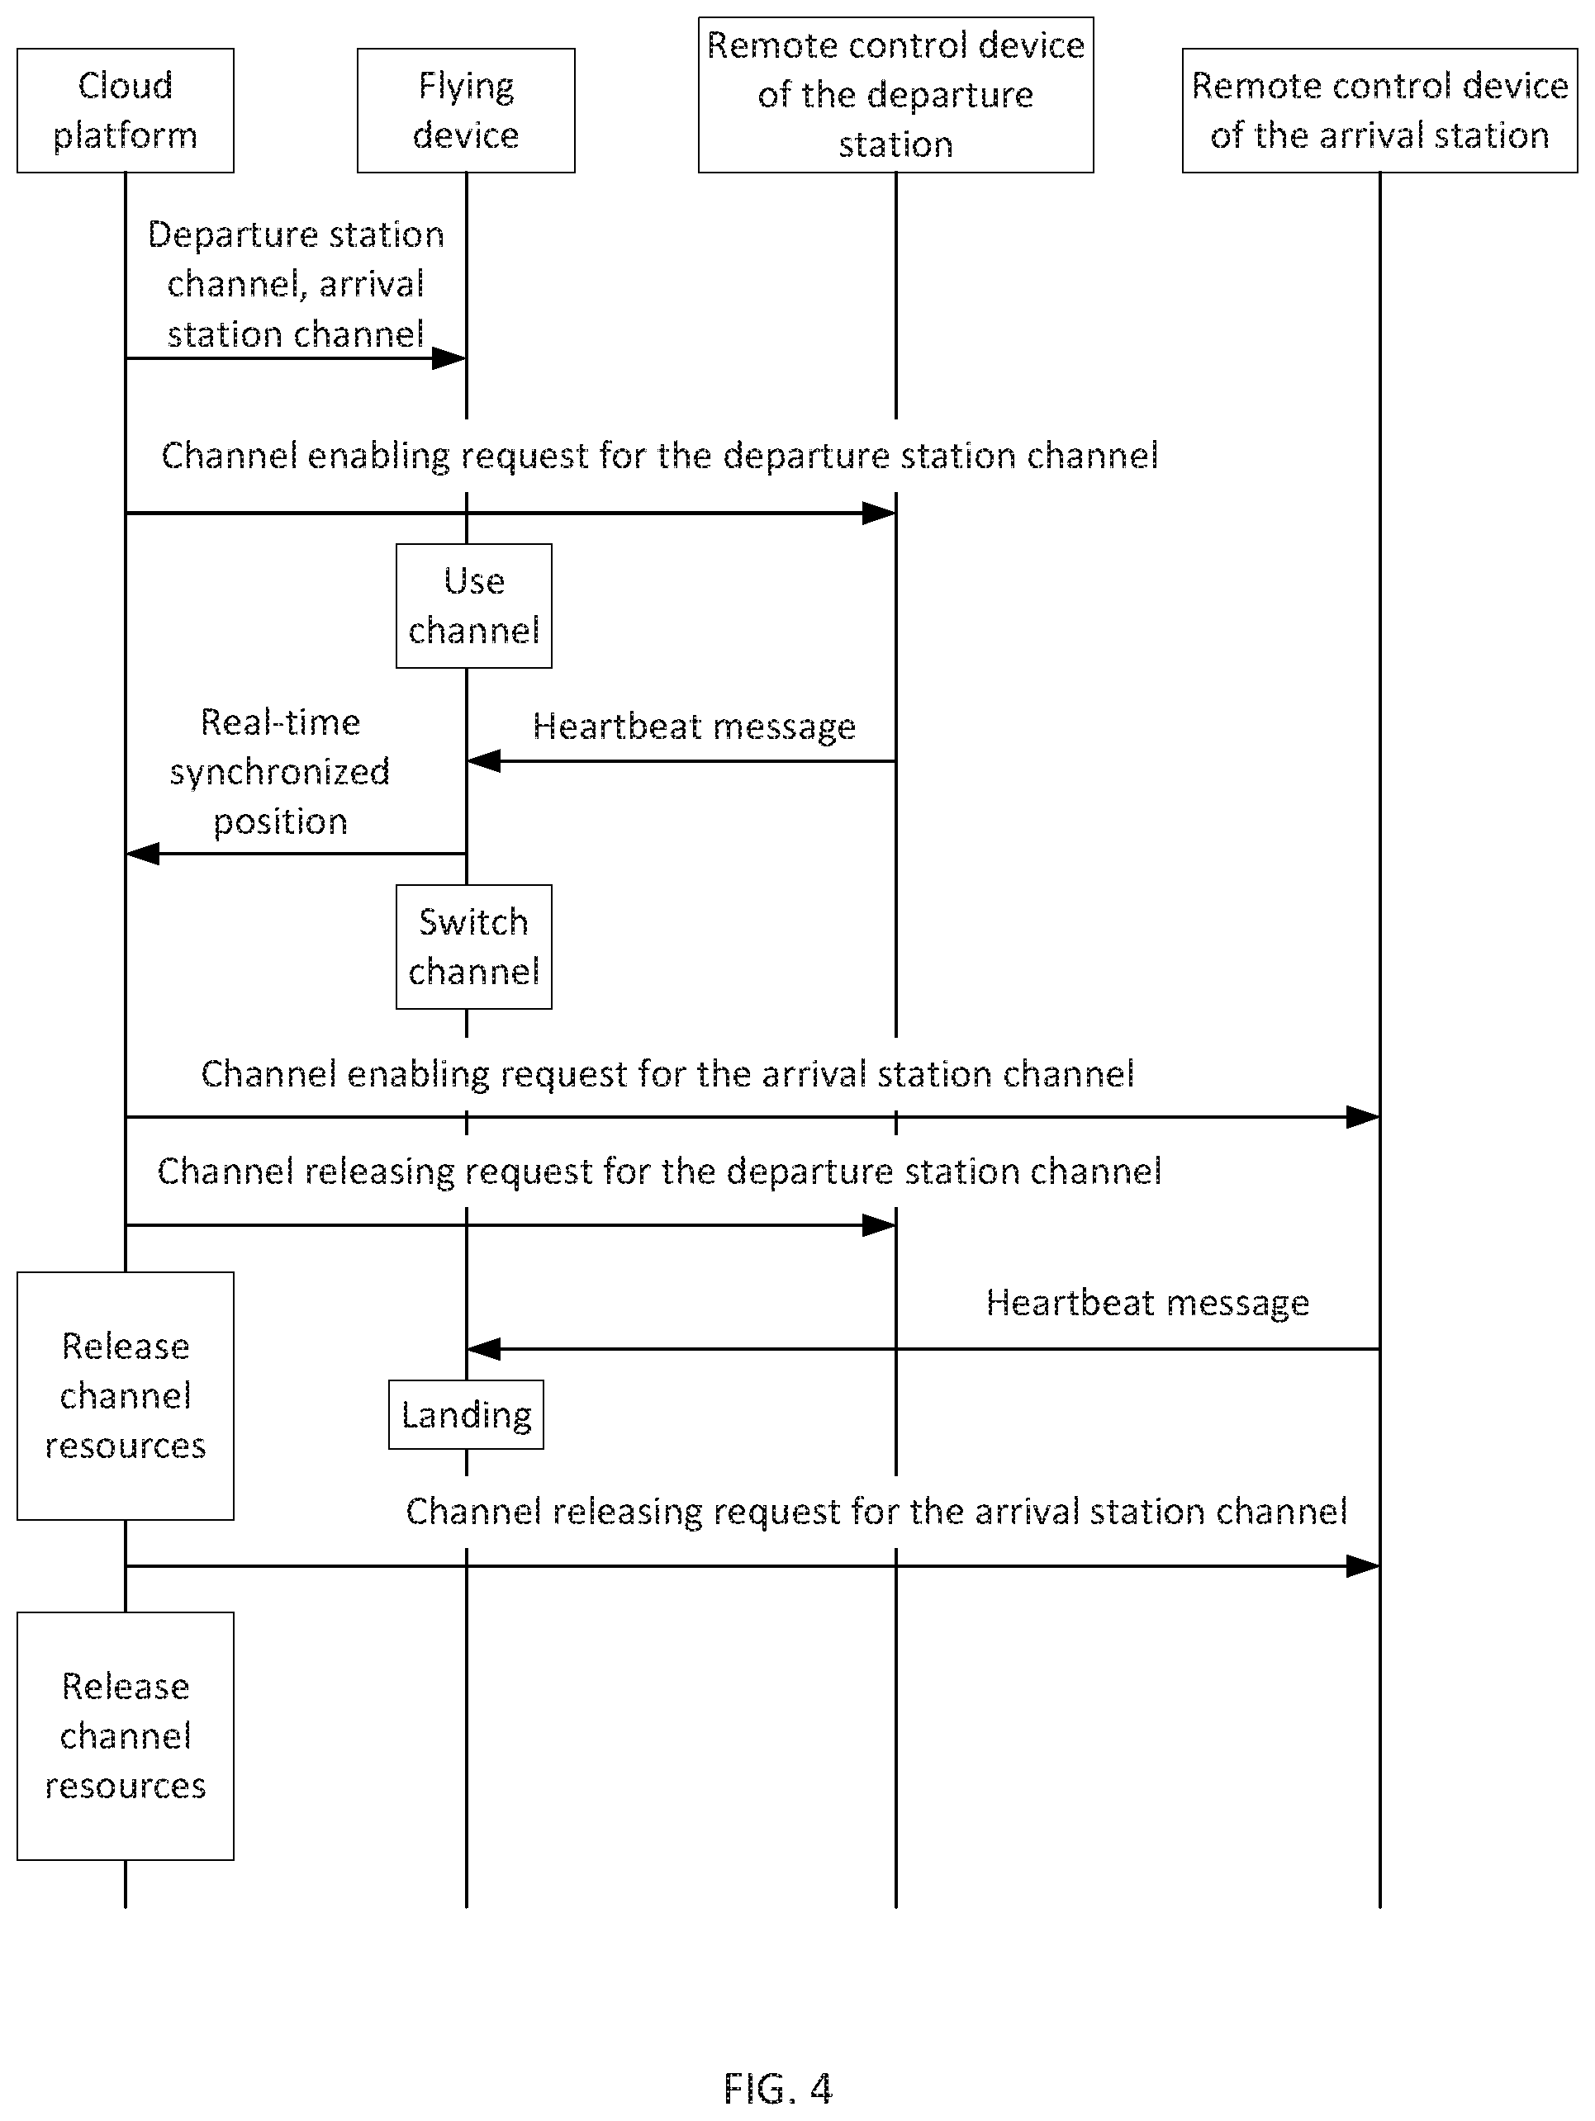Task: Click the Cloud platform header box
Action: click(126, 111)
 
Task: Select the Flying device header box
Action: click(466, 111)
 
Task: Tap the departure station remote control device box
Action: click(896, 95)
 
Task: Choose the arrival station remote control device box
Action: click(1379, 111)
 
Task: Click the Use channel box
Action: click(474, 606)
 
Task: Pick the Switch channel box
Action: click(474, 947)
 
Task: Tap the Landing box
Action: click(466, 1414)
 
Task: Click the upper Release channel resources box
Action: click(126, 1396)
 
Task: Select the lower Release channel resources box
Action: click(126, 1736)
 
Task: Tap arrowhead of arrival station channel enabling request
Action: click(1363, 1117)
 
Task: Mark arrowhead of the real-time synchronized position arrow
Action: click(143, 854)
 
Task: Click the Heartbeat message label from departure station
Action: click(695, 727)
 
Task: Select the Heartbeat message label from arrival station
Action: click(1147, 1303)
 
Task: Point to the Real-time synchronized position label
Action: click(280, 772)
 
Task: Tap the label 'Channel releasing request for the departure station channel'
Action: click(660, 1172)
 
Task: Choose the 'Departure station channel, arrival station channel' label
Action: click(296, 285)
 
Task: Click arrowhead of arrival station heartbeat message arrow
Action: click(483, 1349)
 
